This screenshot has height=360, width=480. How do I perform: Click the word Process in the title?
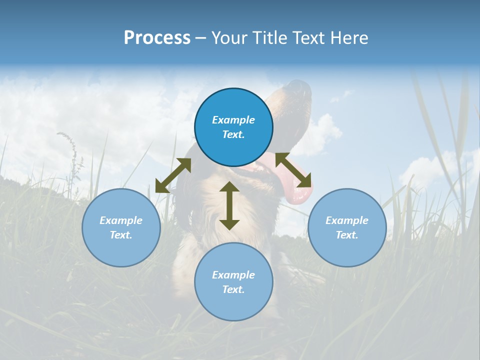[157, 38]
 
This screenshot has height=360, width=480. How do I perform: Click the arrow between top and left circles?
[173, 175]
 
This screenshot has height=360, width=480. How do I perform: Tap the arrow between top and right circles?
[293, 169]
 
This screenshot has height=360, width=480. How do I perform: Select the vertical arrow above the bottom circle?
[229, 205]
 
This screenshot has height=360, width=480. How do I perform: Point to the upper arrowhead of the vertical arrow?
[229, 187]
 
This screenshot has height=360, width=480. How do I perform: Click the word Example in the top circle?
[233, 120]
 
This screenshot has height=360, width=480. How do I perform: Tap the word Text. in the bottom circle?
[233, 289]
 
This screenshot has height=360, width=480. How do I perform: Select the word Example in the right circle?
[347, 220]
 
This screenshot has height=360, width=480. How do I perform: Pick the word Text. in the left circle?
[121, 235]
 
